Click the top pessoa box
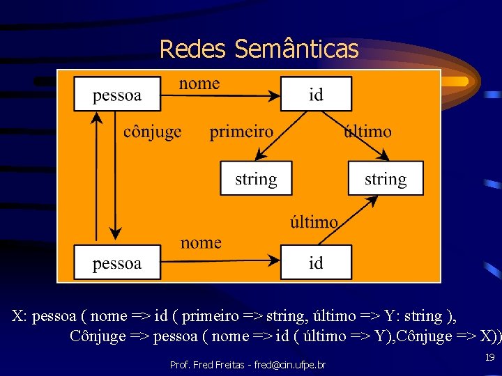pos(117,94)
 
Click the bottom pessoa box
pos(117,263)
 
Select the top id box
pos(316,94)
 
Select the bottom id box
pos(316,263)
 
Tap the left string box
pos(256,179)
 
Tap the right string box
pos(386,179)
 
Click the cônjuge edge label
pos(152,132)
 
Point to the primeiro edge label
pos(241,132)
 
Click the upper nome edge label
pos(199,84)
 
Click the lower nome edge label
pos(201,243)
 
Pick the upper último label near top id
pos(367,132)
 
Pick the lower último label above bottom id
pos(314,222)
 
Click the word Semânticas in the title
pos(296,49)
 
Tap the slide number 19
pos(489,356)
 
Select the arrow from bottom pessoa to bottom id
pos(220,259)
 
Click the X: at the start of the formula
pos(20,316)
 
